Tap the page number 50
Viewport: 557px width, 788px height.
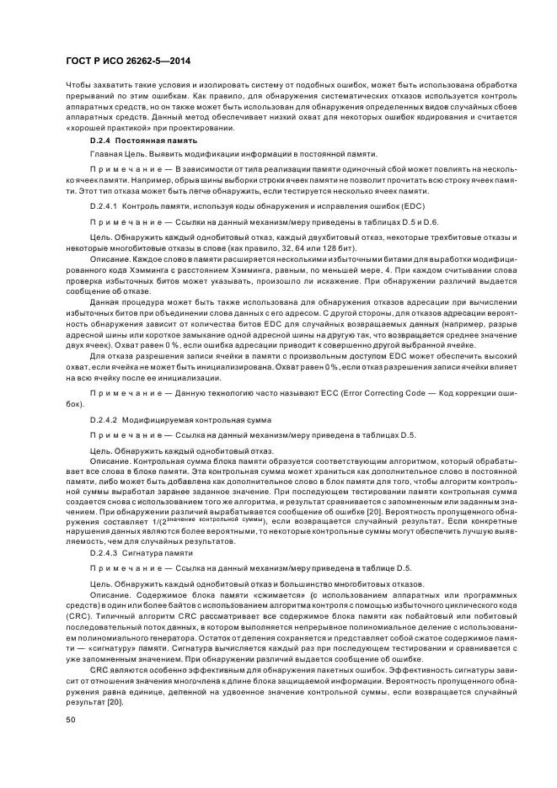pyautogui.click(x=71, y=720)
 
